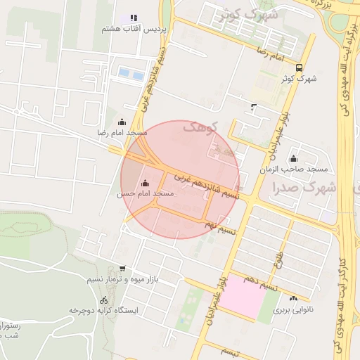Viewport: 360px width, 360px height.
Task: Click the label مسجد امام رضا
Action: (122, 132)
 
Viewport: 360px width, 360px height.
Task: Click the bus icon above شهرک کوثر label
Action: (300, 68)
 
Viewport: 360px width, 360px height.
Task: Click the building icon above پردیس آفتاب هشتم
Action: (133, 18)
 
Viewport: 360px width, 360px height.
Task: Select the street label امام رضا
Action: (270, 53)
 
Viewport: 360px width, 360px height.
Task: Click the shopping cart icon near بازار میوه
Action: (122, 269)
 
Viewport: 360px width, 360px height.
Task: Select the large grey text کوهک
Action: (202, 127)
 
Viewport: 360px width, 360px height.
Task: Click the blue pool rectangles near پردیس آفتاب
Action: (131, 73)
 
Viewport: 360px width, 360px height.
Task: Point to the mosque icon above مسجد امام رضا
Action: (122, 122)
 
